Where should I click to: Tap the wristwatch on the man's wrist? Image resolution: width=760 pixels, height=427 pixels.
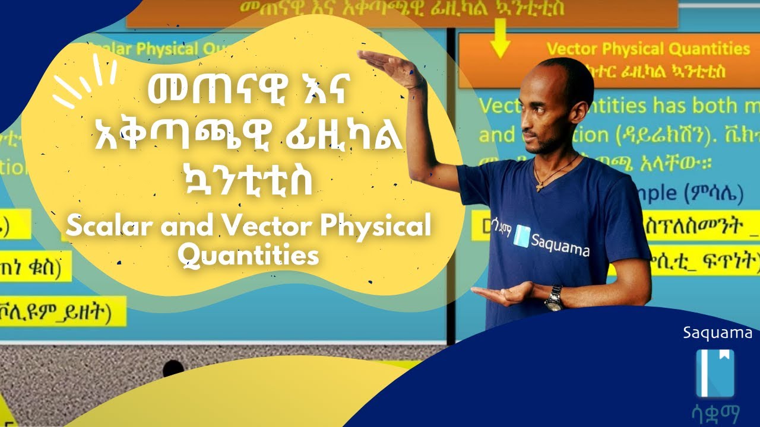tap(553, 298)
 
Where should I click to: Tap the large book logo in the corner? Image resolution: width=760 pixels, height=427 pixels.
tap(715, 373)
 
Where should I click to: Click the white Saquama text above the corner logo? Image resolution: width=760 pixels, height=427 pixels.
tap(718, 333)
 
